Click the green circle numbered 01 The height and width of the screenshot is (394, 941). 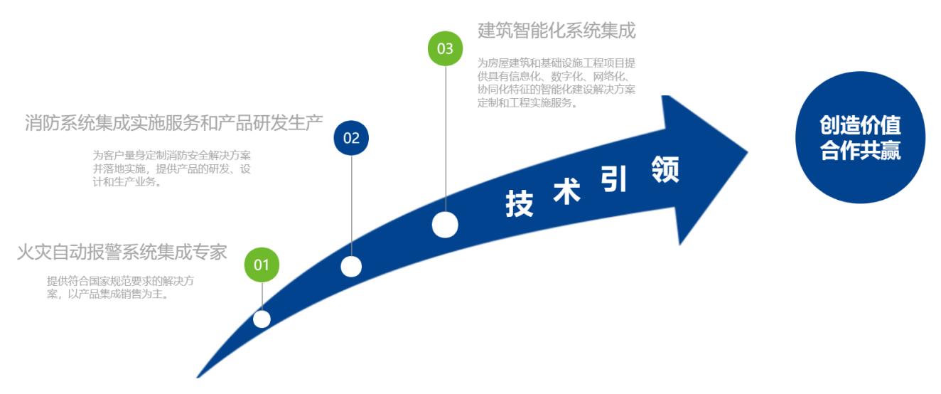tap(262, 265)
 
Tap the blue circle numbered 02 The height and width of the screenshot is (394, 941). tap(352, 138)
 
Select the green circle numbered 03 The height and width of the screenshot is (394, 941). tap(445, 48)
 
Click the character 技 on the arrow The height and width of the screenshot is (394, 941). tap(520, 203)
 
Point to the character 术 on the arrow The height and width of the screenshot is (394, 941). tap(566, 191)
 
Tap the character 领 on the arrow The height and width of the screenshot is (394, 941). tap(665, 170)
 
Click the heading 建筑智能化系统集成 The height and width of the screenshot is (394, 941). tap(556, 31)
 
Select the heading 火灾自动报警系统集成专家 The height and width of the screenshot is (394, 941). tap(122, 252)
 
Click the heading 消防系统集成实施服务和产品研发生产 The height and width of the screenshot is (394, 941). tap(174, 122)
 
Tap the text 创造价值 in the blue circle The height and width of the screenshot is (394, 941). tap(860, 127)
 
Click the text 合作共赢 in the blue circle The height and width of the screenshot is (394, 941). tap(860, 151)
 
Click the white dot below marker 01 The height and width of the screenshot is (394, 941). tap(262, 319)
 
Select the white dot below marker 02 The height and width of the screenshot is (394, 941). tap(351, 267)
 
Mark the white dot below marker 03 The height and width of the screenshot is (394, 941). tap(445, 225)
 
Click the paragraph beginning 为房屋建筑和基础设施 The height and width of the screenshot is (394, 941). tap(557, 82)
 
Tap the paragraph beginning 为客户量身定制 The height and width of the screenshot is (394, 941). tap(175, 168)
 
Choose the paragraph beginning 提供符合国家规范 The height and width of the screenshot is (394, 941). tap(121, 287)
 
